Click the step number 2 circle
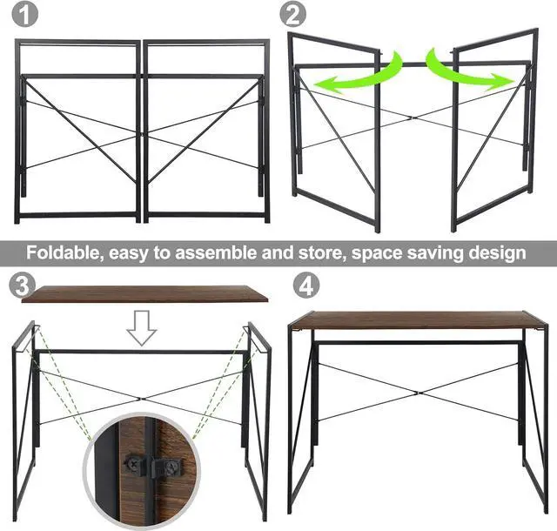pyautogui.click(x=295, y=15)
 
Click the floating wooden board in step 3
pyautogui.click(x=144, y=295)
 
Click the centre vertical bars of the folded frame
pyautogui.click(x=142, y=131)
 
